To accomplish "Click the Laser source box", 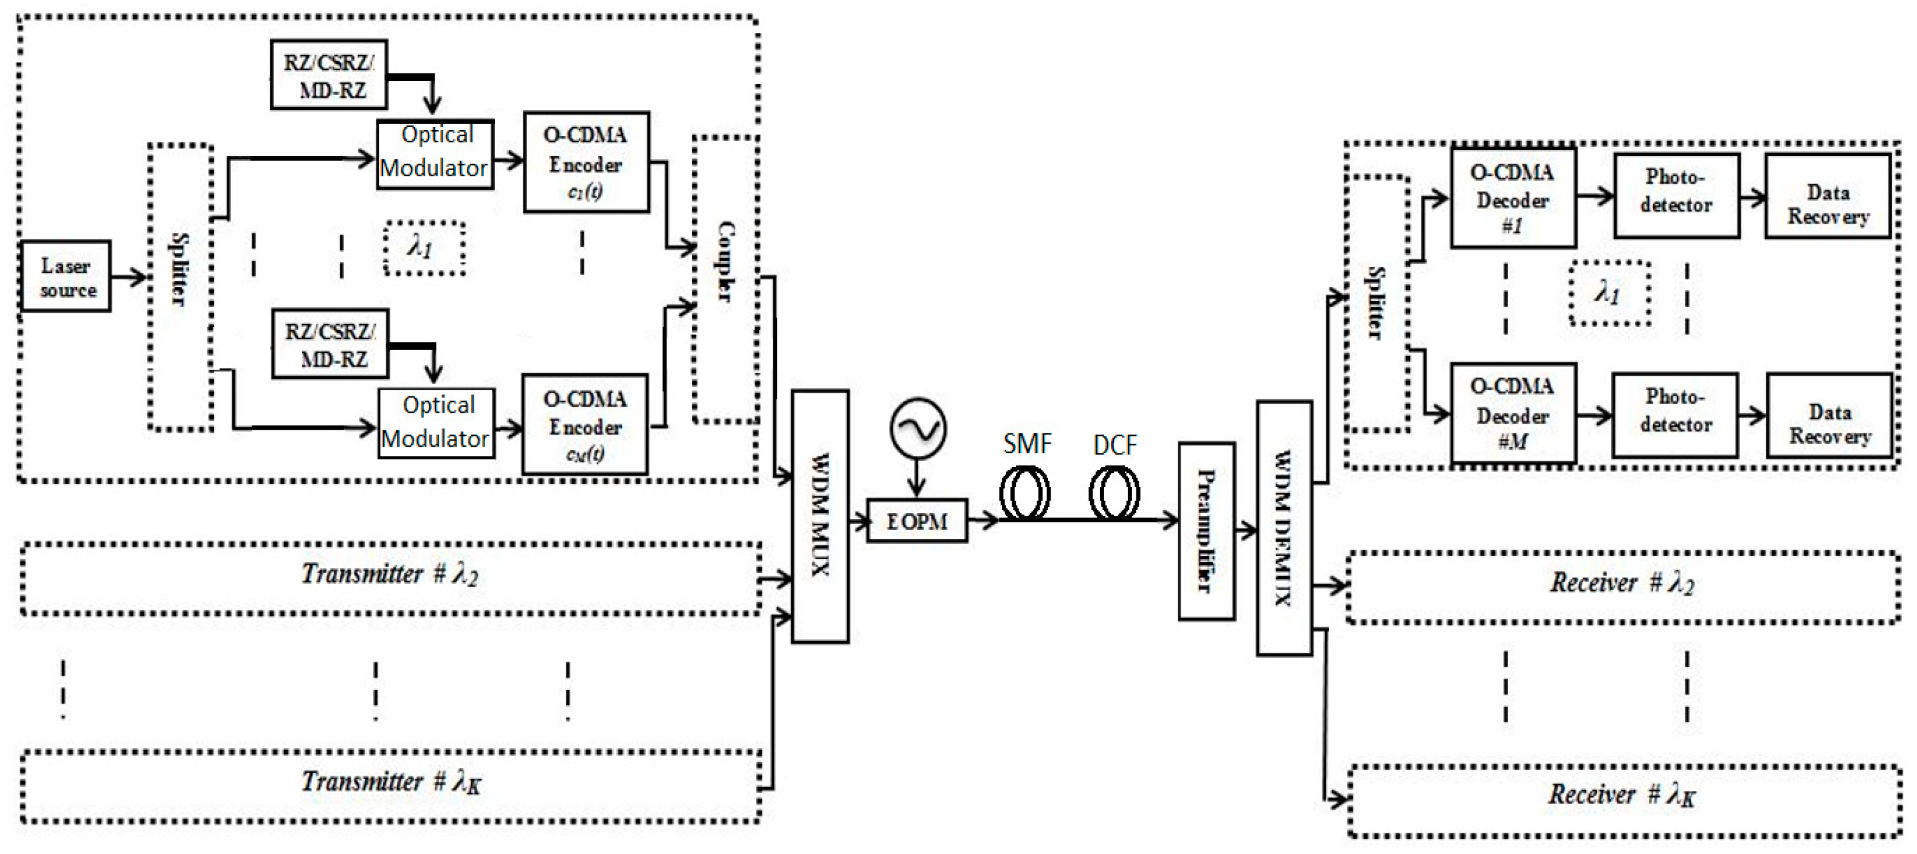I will coord(66,276).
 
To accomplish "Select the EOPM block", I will coord(917,521).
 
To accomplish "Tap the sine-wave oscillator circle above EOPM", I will coord(917,429).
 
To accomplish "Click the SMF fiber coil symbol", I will coord(1024,493).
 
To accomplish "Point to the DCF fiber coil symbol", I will coord(1114,493).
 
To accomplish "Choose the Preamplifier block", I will coord(1206,531).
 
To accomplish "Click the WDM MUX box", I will coord(820,515).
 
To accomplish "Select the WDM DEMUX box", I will coord(1283,528).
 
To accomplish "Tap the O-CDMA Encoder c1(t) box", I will coord(585,162).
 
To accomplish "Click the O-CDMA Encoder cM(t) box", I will coord(585,425).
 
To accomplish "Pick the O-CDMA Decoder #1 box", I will coord(1513,198).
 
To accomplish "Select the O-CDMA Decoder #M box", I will coord(1513,413).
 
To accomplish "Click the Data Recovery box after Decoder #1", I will coord(1828,196).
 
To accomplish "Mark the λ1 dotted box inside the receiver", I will coord(1609,293).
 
